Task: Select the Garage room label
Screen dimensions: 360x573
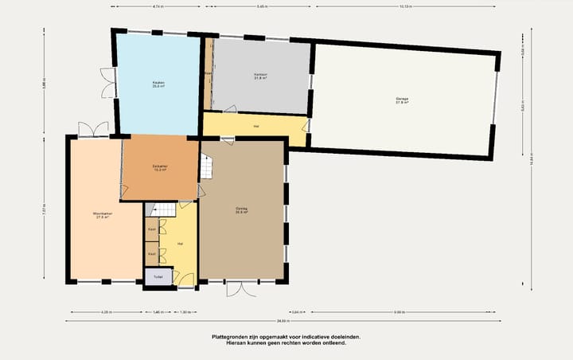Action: tap(402, 100)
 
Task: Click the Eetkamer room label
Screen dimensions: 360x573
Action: tap(159, 167)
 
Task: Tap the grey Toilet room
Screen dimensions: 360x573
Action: tap(158, 277)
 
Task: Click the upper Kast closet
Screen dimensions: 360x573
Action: tap(151, 229)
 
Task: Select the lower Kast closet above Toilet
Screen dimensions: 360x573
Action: tap(151, 253)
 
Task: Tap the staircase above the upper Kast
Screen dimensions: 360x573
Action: tap(162, 209)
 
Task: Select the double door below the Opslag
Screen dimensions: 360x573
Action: tap(237, 288)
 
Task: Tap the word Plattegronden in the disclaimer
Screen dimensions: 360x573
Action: tap(230, 337)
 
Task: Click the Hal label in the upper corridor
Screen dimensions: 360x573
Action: tap(256, 127)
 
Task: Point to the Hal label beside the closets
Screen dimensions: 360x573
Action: tap(181, 243)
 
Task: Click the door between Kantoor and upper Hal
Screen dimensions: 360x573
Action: tap(231, 110)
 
